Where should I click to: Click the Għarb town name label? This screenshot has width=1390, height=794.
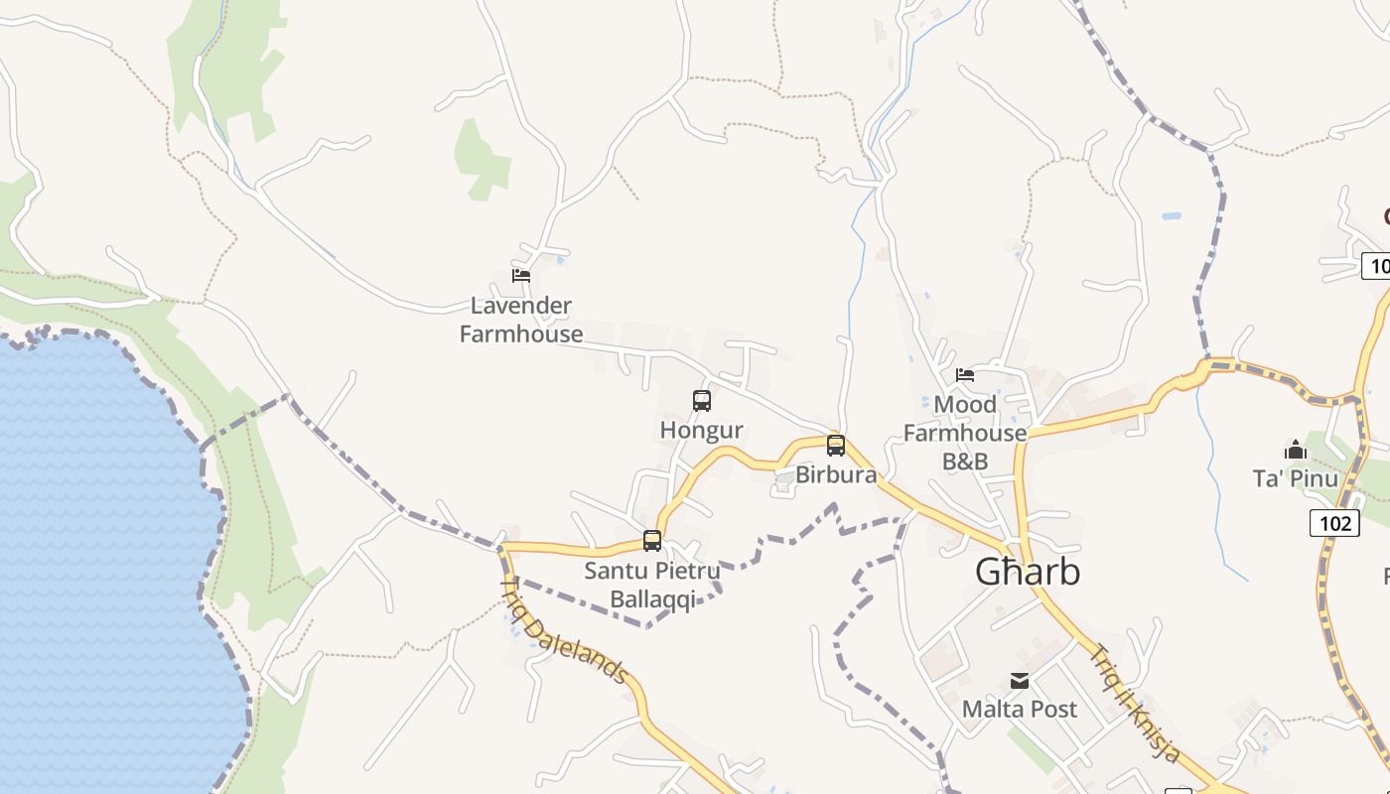[1027, 573]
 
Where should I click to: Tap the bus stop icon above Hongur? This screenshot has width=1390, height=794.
[702, 401]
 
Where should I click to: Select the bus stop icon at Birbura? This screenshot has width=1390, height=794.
[836, 446]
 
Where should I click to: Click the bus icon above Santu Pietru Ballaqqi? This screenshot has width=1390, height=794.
[652, 541]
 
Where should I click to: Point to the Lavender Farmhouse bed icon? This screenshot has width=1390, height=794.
[521, 276]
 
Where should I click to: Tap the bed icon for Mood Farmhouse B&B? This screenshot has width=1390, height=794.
[965, 375]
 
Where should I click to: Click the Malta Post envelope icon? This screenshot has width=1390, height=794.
[1020, 681]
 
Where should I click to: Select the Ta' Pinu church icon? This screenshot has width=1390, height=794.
[1295, 451]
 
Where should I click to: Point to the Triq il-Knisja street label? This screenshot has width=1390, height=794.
[1136, 704]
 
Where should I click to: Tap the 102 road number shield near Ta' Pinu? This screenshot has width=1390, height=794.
[1334, 523]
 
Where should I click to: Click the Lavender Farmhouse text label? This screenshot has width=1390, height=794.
[521, 320]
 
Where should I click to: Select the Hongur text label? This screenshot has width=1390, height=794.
[702, 431]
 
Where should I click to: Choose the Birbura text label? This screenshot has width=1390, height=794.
[836, 475]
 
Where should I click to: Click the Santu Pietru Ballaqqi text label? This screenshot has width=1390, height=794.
[652, 586]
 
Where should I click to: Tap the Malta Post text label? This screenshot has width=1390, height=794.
[1020, 710]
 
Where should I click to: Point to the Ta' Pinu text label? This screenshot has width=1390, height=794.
[1295, 479]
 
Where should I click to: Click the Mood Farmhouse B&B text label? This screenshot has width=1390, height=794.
[965, 433]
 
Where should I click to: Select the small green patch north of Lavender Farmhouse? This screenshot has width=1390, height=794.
[482, 159]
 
